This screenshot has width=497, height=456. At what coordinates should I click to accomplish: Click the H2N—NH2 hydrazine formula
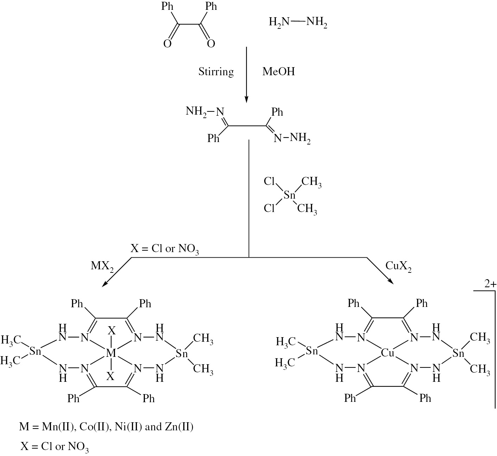(x=298, y=23)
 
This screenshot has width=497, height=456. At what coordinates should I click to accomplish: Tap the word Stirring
(x=216, y=72)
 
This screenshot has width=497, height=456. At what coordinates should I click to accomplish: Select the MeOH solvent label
(x=279, y=72)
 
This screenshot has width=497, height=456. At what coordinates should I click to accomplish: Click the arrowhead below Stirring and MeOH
(x=246, y=99)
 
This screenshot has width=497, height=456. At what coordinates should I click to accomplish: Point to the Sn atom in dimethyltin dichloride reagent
(x=289, y=195)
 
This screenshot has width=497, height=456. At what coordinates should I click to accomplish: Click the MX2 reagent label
(x=102, y=266)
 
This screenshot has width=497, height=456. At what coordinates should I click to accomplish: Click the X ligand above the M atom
(x=111, y=331)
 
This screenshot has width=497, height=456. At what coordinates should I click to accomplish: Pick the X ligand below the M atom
(x=111, y=377)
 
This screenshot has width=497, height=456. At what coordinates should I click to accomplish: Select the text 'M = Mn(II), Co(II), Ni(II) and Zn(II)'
(x=106, y=427)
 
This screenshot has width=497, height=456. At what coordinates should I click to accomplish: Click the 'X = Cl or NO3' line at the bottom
(x=55, y=447)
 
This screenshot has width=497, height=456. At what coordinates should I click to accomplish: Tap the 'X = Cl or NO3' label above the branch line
(x=165, y=249)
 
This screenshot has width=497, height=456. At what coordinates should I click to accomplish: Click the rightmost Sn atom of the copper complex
(x=459, y=353)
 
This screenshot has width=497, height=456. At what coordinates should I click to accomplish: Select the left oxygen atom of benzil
(x=167, y=44)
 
